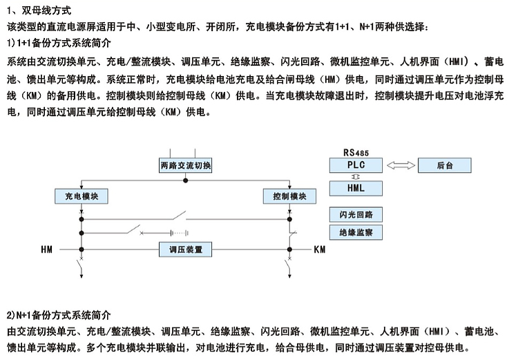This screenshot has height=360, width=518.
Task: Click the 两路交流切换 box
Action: pos(185,165)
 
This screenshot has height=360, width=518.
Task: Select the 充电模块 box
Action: pos(81,196)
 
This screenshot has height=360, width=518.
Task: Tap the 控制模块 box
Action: pos(289,196)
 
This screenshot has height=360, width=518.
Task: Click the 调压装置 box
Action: pos(185,249)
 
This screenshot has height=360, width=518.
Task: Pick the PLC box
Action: pos(356,165)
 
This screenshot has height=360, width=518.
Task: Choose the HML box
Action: pos(356,188)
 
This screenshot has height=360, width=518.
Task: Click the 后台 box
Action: pos(445,165)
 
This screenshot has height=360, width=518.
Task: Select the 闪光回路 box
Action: pos(356,214)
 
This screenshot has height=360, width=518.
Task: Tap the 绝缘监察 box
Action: pos(356,232)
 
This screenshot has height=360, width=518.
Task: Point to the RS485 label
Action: pos(356,153)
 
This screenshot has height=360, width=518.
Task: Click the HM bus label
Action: pos(46,249)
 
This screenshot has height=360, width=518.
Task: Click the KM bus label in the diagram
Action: pos(320,249)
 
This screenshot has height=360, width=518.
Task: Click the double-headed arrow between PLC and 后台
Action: pos(401,165)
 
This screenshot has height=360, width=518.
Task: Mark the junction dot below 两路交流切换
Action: pos(186,180)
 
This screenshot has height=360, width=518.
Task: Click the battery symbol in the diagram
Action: pos(180,233)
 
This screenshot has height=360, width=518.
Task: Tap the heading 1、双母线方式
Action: pos(39,10)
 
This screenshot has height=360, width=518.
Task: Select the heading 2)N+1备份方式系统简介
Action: pos(59,315)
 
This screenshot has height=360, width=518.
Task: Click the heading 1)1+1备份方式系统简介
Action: pos(59,43)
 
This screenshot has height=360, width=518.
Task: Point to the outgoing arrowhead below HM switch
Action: pos(81,276)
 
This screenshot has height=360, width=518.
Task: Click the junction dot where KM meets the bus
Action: pos(289,249)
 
